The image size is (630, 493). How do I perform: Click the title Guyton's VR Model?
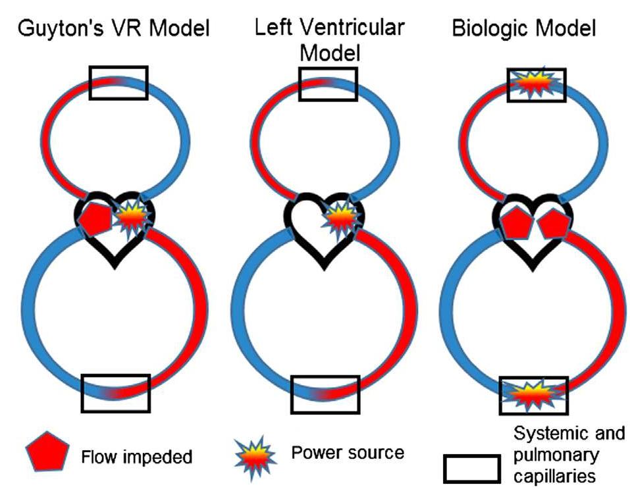tap(113, 29)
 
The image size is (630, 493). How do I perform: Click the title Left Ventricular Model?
tap(329, 39)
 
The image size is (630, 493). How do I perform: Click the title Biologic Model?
tap(524, 29)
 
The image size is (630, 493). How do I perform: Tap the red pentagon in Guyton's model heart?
tap(96, 219)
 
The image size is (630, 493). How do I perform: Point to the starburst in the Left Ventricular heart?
tap(340, 217)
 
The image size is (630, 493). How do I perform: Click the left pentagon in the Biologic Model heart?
tap(515, 223)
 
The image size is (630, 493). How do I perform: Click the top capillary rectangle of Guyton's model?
tap(118, 83)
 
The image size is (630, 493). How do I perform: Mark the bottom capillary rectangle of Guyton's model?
tap(116, 393)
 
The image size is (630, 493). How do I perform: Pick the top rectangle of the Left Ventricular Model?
tap(328, 83)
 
